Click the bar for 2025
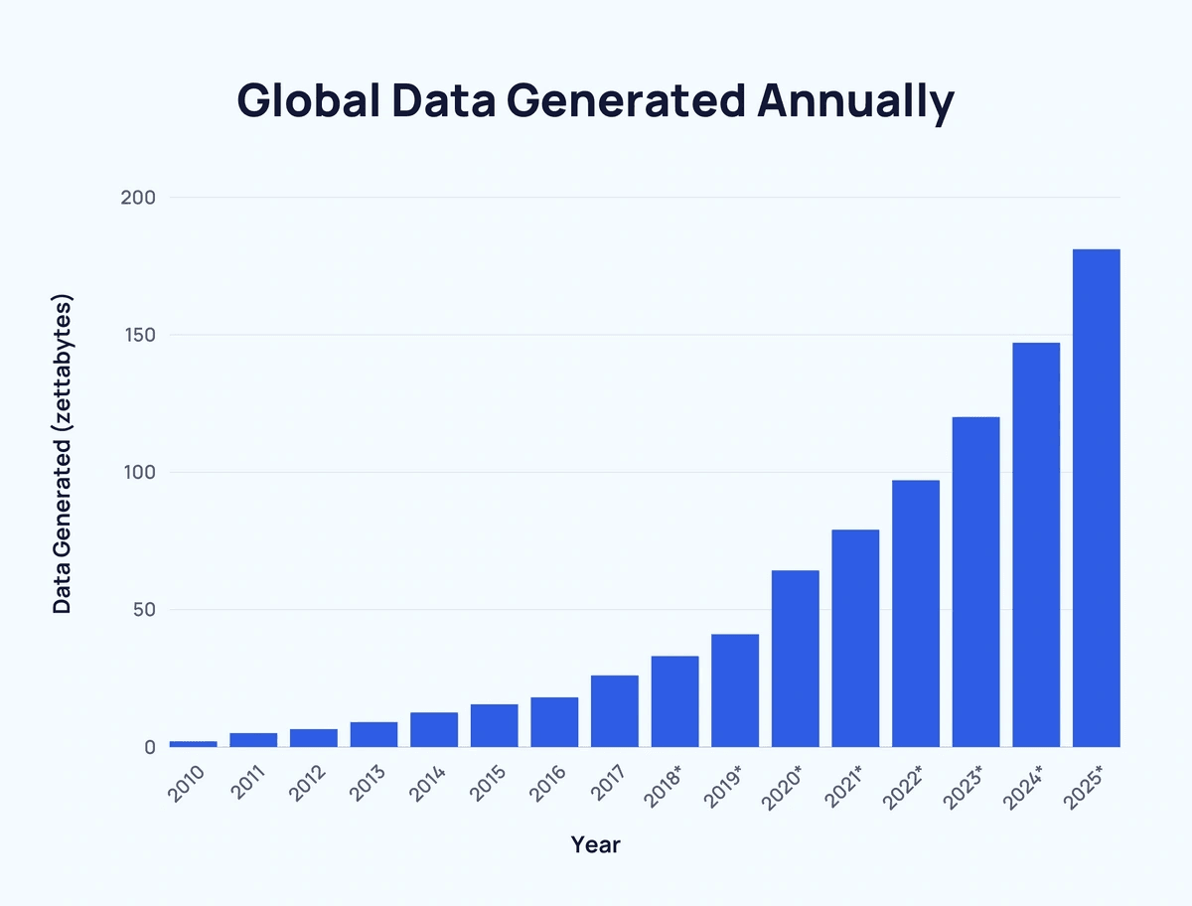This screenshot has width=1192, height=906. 1097,498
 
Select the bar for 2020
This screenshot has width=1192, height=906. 795,659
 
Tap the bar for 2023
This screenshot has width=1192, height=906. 975,582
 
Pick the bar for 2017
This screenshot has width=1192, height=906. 614,711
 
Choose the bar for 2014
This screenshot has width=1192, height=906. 434,729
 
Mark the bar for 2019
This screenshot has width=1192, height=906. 735,690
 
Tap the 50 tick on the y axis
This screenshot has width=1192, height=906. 143,610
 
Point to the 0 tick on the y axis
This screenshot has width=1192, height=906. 149,747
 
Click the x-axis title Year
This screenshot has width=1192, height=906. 595,845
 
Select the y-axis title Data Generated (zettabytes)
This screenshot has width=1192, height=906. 63,454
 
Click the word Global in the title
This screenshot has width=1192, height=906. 308,101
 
